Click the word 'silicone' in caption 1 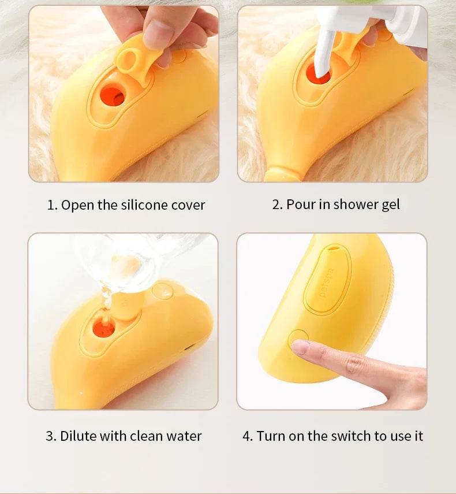click(144, 205)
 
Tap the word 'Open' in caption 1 click(74, 205)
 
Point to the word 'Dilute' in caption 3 click(79, 436)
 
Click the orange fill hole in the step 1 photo click(113, 96)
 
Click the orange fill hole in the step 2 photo click(319, 74)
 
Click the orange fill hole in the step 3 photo click(104, 328)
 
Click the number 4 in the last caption click(247, 436)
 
